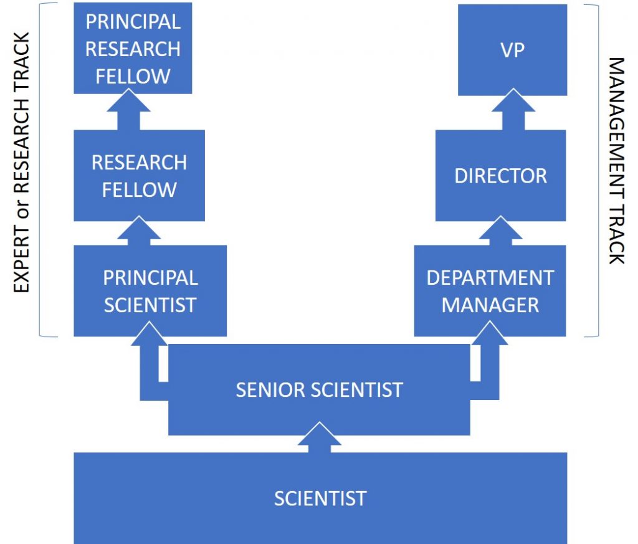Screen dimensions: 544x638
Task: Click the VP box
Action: (x=512, y=50)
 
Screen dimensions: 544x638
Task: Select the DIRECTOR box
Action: (x=500, y=176)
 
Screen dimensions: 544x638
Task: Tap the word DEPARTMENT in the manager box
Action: (x=490, y=277)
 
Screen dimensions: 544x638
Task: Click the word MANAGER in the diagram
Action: (x=490, y=305)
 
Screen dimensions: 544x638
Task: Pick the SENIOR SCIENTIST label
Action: (x=319, y=390)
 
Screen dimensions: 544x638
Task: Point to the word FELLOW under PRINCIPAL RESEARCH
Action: (x=133, y=76)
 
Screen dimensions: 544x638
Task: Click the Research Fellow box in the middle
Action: (x=139, y=176)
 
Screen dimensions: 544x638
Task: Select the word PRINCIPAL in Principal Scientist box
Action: (x=150, y=277)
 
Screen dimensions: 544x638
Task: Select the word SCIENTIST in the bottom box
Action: (x=320, y=499)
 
